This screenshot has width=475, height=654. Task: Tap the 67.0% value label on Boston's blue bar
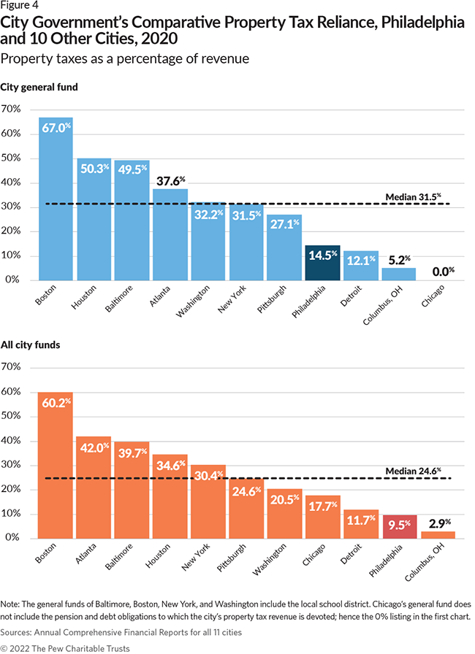pos(56,127)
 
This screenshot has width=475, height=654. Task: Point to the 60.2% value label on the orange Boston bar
pos(56,402)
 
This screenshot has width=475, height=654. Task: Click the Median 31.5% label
pos(417,196)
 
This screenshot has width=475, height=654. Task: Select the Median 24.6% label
pos(417,471)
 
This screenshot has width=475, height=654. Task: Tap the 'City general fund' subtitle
pos(39,88)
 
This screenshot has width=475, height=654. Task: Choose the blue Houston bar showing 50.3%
pos(94,219)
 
